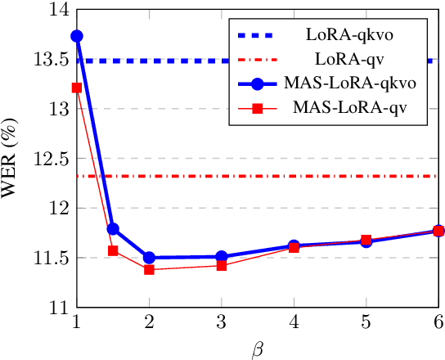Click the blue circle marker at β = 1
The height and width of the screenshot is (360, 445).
point(77,36)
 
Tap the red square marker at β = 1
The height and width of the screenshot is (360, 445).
point(77,88)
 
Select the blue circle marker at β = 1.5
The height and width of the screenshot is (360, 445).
point(113,228)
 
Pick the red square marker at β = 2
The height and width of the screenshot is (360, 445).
point(149,269)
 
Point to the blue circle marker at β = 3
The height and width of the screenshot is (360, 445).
point(221,256)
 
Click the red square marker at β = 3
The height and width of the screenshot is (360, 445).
point(221,265)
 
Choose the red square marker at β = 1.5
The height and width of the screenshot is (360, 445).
point(113,250)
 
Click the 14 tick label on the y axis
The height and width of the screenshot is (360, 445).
point(56,11)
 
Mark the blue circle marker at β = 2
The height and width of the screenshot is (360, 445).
point(149,257)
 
